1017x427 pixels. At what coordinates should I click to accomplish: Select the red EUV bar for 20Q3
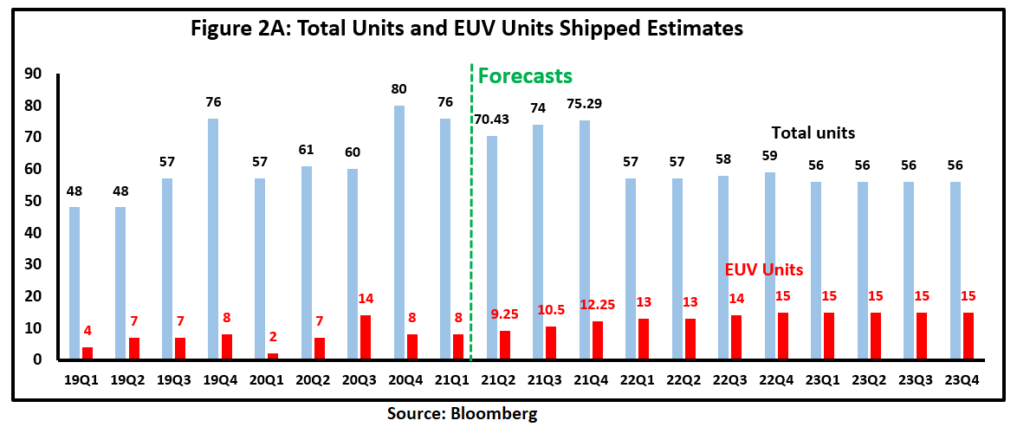coord(365,337)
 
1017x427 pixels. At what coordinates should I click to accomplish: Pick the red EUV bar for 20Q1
coord(272,356)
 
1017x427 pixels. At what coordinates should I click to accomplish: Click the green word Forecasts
coord(525,75)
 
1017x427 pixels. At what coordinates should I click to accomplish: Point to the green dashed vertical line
coord(470,217)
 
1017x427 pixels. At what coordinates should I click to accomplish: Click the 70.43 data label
coord(492,119)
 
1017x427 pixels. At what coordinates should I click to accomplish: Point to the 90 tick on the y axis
coord(34,74)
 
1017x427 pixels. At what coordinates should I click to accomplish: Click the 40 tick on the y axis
coord(34,233)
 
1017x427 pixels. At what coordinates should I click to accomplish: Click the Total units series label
coord(813,133)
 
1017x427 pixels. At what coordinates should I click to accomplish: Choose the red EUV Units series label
coord(764,269)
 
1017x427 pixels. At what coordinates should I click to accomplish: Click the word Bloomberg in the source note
coord(497,413)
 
